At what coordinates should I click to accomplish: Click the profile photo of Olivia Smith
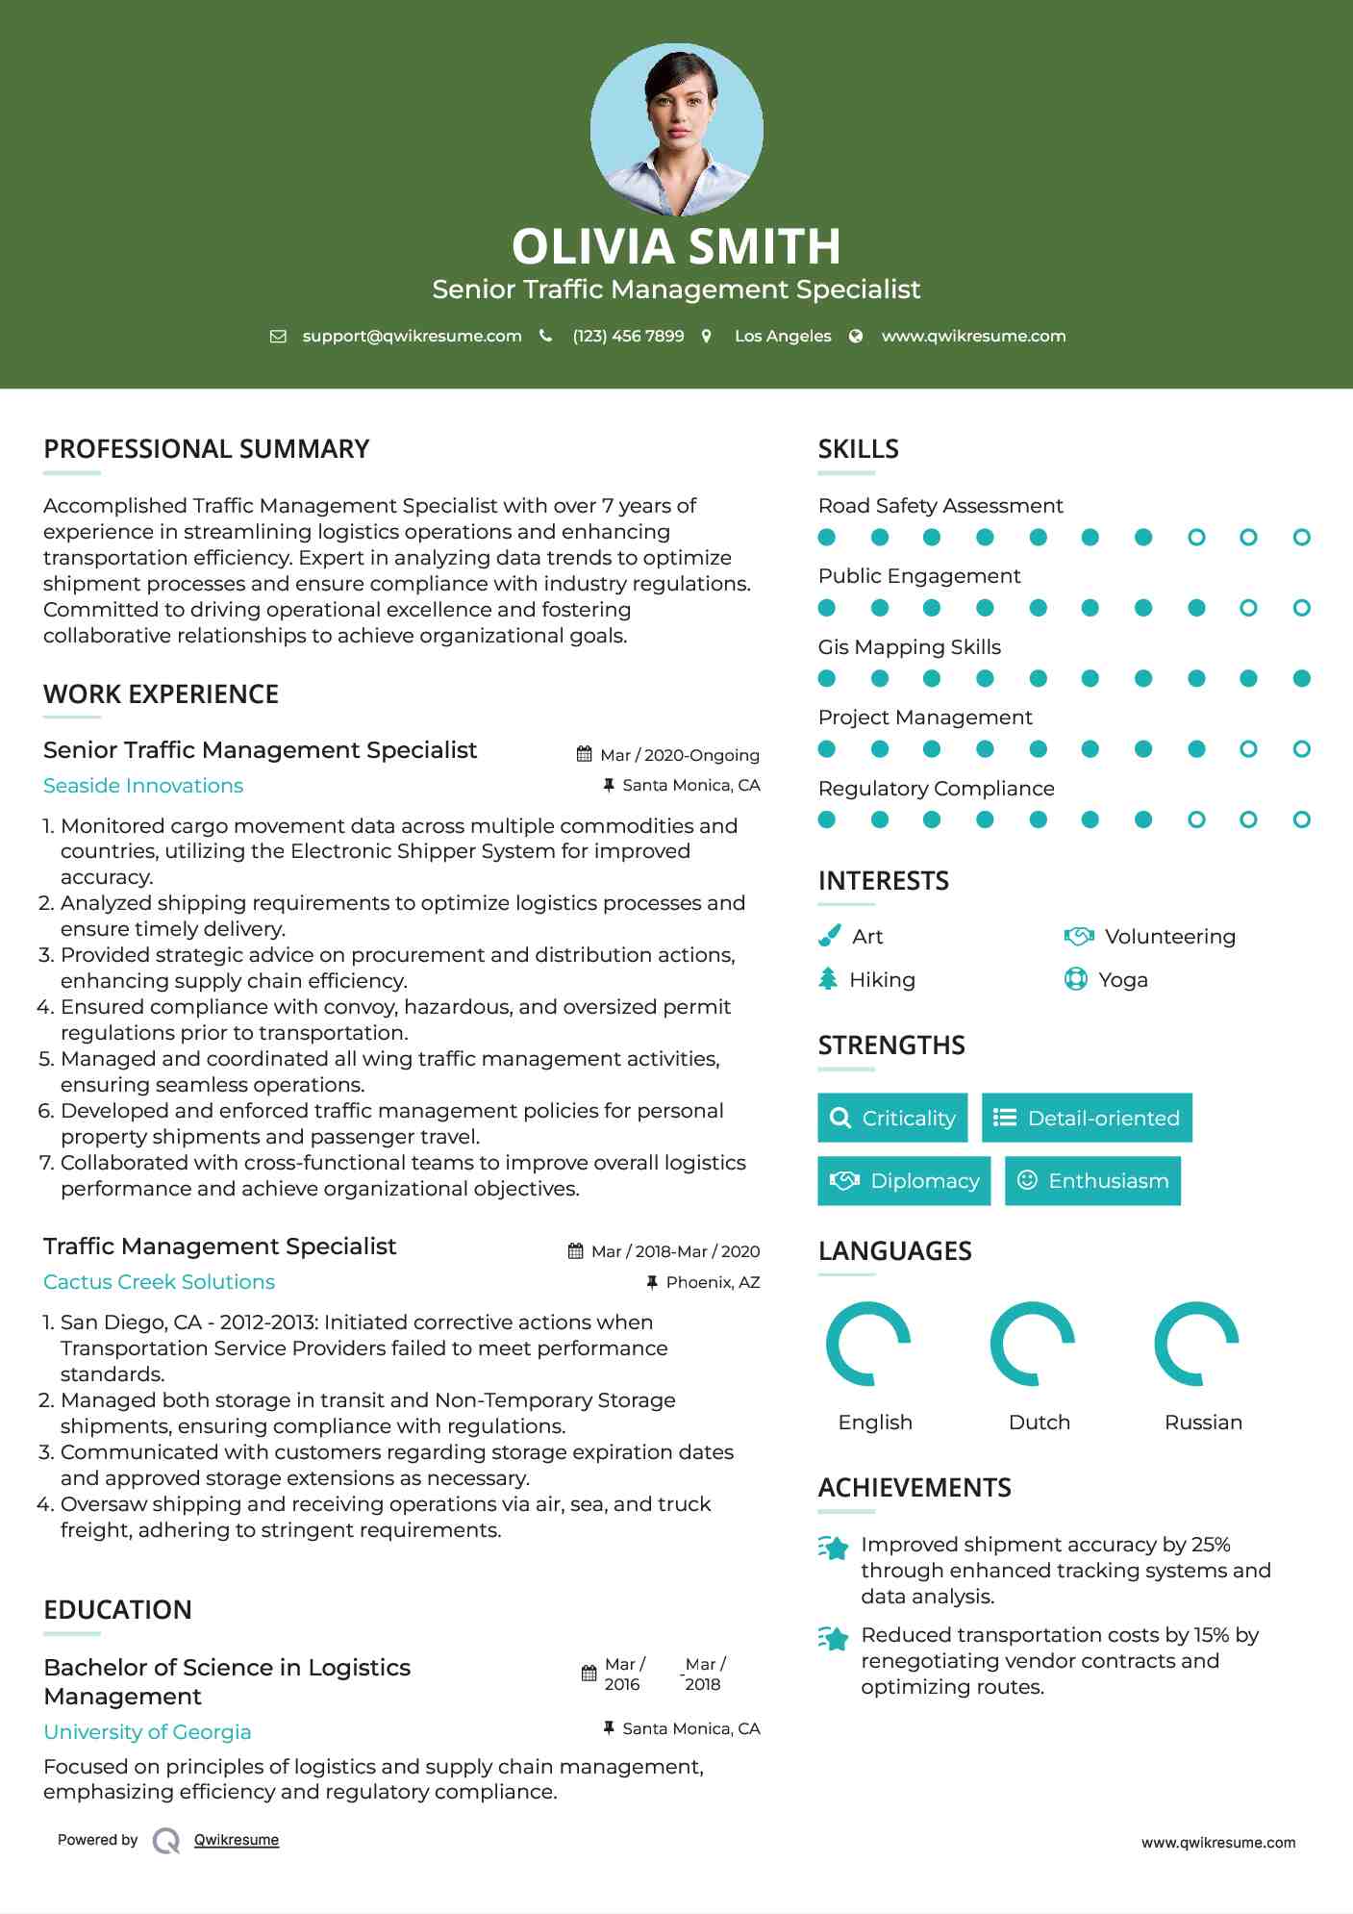(676, 129)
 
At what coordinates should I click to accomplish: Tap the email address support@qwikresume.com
(412, 337)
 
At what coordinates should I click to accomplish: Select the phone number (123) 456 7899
(628, 337)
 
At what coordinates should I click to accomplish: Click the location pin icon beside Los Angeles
(707, 337)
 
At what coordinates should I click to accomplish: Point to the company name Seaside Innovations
(143, 786)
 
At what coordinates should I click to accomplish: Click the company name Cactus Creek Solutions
(159, 1282)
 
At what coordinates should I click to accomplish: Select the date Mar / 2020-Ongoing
(679, 756)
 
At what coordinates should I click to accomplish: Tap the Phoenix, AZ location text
(713, 1283)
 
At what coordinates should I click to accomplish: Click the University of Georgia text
(147, 1732)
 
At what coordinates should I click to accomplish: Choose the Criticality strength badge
(892, 1118)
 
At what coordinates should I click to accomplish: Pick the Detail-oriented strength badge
(1087, 1118)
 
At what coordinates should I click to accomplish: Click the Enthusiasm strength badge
(1092, 1181)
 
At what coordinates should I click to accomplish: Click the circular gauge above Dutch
(1033, 1344)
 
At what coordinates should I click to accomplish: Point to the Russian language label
(1203, 1423)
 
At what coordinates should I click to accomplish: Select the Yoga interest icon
(1076, 979)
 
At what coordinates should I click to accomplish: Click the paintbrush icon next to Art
(829, 936)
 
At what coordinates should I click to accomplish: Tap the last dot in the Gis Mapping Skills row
(1301, 679)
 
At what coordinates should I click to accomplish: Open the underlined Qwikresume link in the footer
(237, 1840)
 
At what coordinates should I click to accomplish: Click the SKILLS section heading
(858, 449)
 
